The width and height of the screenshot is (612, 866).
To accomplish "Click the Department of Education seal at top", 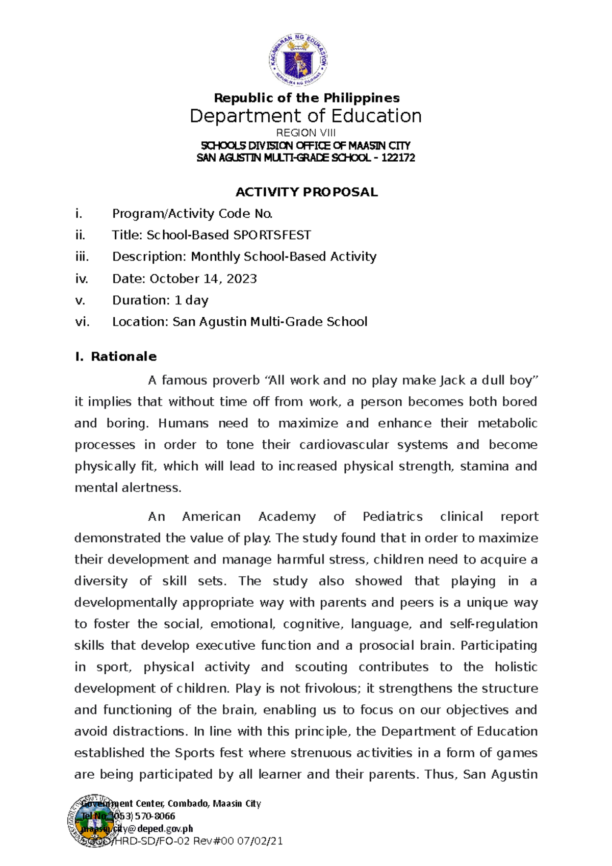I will (298, 60).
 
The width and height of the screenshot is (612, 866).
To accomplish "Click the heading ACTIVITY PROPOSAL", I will (306, 192).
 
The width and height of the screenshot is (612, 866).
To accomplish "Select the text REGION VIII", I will (305, 133).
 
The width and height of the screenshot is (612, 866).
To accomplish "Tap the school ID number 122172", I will (398, 158).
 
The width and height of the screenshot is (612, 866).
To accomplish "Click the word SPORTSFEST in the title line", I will (272, 235).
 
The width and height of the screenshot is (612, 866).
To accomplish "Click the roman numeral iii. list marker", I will (82, 257).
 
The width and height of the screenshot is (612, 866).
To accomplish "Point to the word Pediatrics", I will (392, 517).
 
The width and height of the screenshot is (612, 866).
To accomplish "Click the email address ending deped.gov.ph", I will (137, 829).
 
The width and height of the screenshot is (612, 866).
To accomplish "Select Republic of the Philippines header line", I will (307, 98).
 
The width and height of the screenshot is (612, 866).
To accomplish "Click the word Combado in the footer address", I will (188, 804).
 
